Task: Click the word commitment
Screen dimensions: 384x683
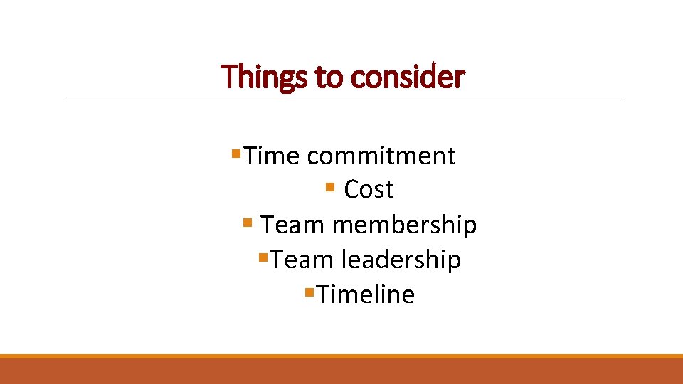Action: [x=381, y=155]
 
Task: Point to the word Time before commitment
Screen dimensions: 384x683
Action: [x=273, y=155]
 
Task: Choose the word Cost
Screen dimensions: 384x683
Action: [x=369, y=190]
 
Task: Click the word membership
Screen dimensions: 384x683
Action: [x=404, y=225]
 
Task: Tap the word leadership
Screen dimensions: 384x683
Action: [x=401, y=260]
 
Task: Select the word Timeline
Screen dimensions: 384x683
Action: [x=366, y=294]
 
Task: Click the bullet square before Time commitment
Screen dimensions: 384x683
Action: [x=237, y=153]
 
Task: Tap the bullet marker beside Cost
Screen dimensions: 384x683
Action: [x=329, y=188]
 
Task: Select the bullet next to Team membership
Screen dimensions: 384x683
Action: [x=247, y=223]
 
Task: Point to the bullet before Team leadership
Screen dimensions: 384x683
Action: [x=263, y=257]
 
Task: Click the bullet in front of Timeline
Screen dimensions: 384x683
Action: [x=309, y=292]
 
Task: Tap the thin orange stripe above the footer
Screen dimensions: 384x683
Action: [x=341, y=356]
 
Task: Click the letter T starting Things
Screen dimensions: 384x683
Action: [x=228, y=77]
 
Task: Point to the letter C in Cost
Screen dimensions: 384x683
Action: [x=351, y=190]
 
